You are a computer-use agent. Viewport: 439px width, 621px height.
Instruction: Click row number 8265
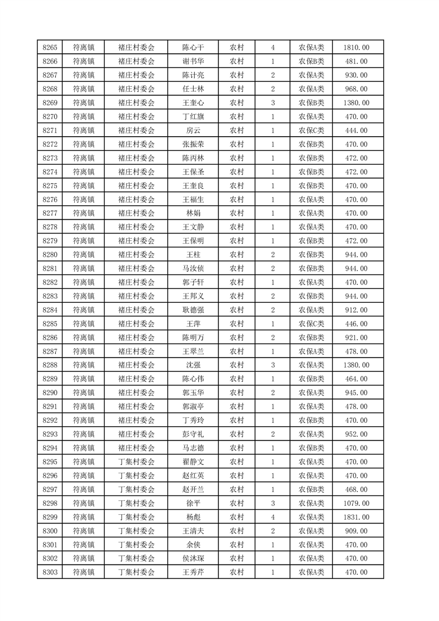[x=50, y=48]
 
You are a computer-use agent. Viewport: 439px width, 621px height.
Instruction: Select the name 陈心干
[x=193, y=48]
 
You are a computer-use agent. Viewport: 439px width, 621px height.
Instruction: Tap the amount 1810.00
[x=356, y=48]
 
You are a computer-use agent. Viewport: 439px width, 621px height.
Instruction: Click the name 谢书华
[x=193, y=61]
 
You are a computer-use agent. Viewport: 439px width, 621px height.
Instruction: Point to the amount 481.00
[x=356, y=61]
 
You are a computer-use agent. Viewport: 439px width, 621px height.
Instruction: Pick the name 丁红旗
[x=193, y=117]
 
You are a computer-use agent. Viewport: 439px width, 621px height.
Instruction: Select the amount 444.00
[x=356, y=131]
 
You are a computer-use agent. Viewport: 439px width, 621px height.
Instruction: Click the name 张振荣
[x=193, y=144]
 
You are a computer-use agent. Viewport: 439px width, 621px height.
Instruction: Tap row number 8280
[x=50, y=255]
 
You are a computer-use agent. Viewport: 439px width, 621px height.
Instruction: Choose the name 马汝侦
[x=193, y=268]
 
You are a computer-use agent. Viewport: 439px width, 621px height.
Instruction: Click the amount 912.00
[x=356, y=310]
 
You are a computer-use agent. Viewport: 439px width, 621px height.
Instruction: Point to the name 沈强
[x=193, y=365]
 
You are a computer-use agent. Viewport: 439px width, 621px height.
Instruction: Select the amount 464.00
[x=356, y=379]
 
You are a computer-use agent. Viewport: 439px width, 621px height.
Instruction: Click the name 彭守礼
[x=193, y=434]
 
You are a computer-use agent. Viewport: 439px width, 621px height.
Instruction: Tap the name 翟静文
[x=193, y=462]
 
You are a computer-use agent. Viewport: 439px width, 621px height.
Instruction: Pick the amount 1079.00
[x=356, y=503]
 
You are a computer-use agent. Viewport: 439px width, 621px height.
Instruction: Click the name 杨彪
[x=193, y=517]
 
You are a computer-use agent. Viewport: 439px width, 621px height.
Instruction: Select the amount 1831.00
[x=356, y=517]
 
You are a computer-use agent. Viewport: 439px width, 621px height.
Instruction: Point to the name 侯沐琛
[x=193, y=558]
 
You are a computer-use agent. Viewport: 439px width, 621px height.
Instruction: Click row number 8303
[x=50, y=572]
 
